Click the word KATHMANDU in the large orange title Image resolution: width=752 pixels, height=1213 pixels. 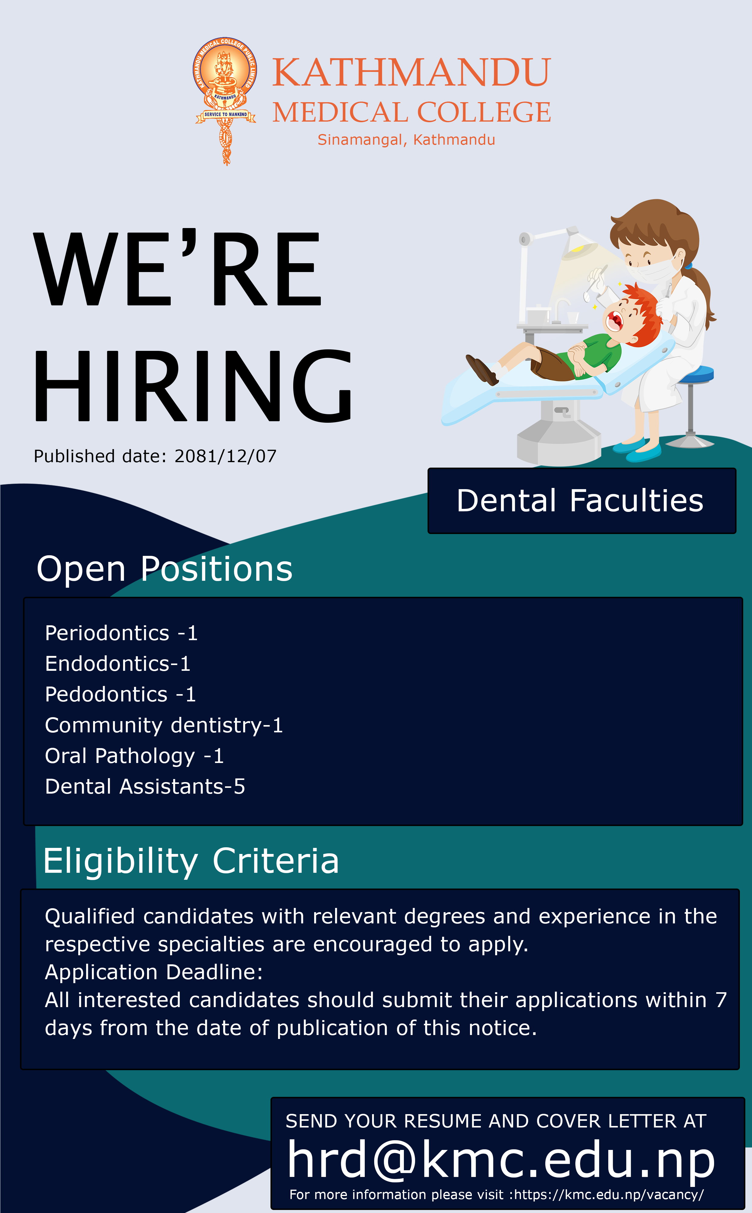coord(411,72)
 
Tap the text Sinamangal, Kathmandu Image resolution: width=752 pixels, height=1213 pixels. coord(406,140)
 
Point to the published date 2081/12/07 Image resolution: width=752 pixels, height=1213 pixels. coord(225,456)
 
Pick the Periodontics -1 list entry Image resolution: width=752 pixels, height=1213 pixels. coord(121,633)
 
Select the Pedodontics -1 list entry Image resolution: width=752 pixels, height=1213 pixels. coord(120,694)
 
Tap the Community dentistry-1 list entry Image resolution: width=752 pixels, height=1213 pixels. coord(164,726)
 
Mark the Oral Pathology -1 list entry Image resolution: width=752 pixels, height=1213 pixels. coord(134,756)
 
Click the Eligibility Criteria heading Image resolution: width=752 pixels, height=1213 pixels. coord(191,861)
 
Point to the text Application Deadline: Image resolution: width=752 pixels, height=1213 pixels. coord(154,972)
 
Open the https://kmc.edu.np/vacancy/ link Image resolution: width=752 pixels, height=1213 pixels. coord(609,1195)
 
